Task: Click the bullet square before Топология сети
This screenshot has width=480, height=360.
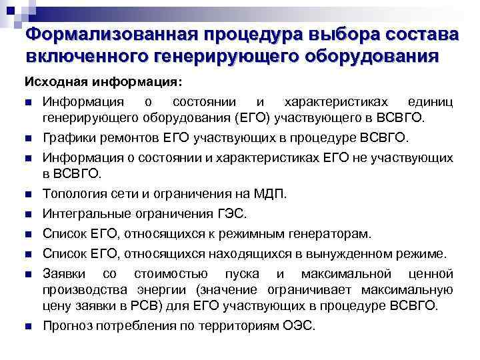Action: pyautogui.click(x=27, y=195)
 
